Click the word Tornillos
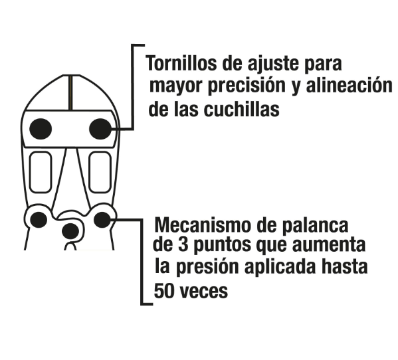(x=181, y=63)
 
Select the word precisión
(x=247, y=86)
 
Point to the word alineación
(x=349, y=85)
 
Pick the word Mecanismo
(x=203, y=225)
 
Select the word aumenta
(x=329, y=245)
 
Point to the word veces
(x=205, y=292)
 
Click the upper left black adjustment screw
(x=41, y=129)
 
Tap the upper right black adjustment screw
(x=100, y=129)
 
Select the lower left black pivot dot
(x=39, y=220)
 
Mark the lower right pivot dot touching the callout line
(x=102, y=220)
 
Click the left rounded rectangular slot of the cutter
(x=41, y=172)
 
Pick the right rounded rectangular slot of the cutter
(x=100, y=172)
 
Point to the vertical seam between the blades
(x=71, y=92)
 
